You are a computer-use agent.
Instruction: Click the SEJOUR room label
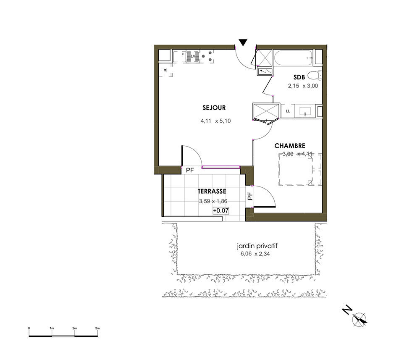214,108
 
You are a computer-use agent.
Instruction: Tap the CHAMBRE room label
290,146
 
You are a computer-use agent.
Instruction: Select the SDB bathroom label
299,77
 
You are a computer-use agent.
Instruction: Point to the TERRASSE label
212,191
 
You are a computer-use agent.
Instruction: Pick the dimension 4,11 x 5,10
215,121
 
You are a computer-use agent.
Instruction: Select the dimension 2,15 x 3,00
303,86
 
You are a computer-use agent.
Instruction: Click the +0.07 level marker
221,210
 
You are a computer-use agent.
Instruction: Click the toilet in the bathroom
314,75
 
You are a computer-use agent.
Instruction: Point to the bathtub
294,58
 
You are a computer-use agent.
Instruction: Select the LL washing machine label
288,111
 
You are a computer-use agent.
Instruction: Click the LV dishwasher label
193,56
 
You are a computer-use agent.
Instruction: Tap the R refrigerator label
165,70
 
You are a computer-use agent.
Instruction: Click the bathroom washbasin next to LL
305,111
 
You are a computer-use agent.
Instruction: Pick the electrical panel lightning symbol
265,71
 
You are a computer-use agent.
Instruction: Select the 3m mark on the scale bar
97,328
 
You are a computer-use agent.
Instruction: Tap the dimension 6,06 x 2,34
255,254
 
